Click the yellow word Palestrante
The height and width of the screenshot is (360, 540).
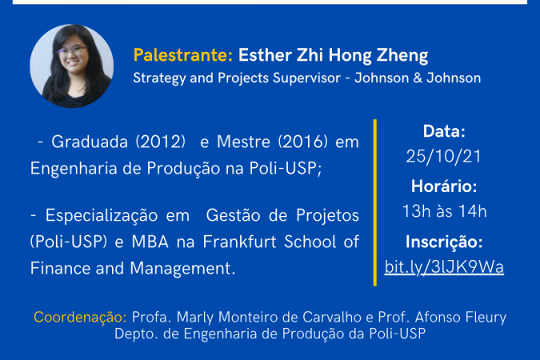pos(183,55)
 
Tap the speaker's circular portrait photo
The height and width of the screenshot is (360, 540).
pos(72,66)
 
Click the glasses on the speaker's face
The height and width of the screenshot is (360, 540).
pos(72,51)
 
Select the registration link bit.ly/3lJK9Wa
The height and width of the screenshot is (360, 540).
pos(444,267)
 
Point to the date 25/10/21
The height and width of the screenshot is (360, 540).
pos(443,157)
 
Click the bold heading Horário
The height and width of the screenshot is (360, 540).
pos(444,186)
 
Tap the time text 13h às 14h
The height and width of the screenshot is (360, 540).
pos(444,211)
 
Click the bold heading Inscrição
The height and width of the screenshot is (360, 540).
pos(444,242)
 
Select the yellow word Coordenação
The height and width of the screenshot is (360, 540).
pos(80,318)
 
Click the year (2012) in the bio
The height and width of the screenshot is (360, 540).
pos(161,142)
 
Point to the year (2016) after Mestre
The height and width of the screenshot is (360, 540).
pos(302,142)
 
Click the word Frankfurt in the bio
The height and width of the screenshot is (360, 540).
pos(239,242)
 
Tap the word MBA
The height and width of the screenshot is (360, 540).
pos(150,242)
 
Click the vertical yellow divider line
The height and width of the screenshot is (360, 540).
pos(374,202)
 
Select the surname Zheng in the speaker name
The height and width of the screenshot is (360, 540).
pos(402,55)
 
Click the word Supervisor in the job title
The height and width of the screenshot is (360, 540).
pos(307,78)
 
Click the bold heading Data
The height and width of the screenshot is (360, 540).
pos(444,131)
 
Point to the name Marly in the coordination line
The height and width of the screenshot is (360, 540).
pos(195,318)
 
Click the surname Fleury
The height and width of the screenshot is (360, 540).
pos(486,318)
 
